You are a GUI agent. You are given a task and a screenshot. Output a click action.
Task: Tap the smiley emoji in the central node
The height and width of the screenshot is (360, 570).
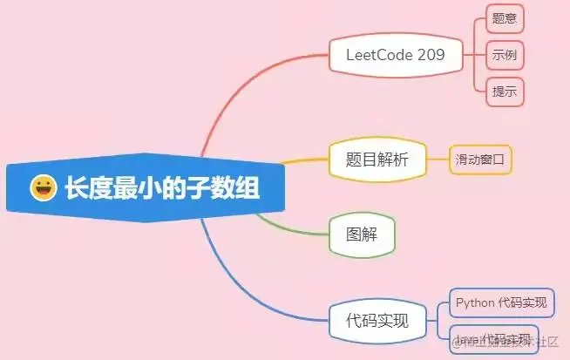pyautogui.click(x=43, y=187)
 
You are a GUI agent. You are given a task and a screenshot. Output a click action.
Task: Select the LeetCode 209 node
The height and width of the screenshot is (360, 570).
pyautogui.click(x=395, y=55)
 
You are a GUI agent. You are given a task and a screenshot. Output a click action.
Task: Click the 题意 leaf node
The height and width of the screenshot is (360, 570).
pyautogui.click(x=505, y=17)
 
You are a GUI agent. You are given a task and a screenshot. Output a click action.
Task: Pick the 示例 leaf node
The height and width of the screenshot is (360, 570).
pyautogui.click(x=505, y=54)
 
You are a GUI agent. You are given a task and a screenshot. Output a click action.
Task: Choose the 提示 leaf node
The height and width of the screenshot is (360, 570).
pyautogui.click(x=505, y=91)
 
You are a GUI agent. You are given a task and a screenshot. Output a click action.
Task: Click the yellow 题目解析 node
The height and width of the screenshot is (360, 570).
pyautogui.click(x=377, y=159)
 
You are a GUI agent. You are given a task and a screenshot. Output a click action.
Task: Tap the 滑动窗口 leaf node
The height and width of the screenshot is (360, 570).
pyautogui.click(x=479, y=160)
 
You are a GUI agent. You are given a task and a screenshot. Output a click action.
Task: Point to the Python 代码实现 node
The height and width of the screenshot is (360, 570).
pyautogui.click(x=501, y=302)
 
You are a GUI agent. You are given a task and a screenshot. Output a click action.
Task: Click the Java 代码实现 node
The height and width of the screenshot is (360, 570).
pyautogui.click(x=493, y=337)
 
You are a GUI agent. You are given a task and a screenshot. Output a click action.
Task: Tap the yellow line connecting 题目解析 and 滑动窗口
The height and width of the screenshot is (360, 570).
pyautogui.click(x=438, y=160)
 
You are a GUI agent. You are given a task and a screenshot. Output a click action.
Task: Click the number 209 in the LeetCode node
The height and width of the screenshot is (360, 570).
pyautogui.click(x=430, y=55)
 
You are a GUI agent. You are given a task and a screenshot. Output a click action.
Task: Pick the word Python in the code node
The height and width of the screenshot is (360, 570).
pyautogui.click(x=475, y=302)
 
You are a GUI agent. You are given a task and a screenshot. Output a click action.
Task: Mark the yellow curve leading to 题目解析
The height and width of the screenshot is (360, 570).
pyautogui.click(x=296, y=161)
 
